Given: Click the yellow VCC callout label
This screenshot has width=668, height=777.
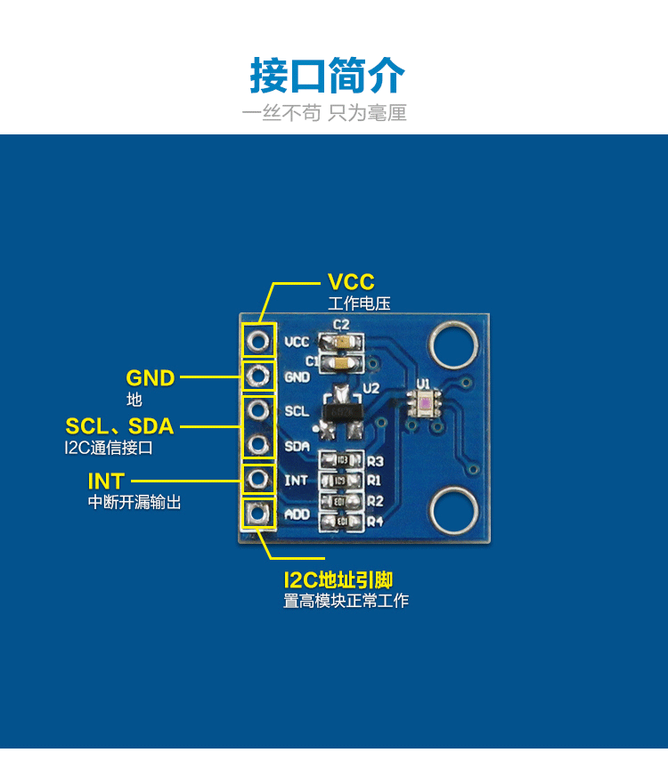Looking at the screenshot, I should click(x=351, y=283).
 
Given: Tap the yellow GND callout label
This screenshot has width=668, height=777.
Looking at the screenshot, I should click(x=151, y=378).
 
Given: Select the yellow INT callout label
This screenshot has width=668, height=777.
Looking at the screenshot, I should click(x=106, y=482).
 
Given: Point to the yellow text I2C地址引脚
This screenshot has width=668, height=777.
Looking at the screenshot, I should click(x=338, y=580).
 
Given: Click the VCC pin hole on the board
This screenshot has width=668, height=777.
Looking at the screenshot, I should click(x=258, y=341).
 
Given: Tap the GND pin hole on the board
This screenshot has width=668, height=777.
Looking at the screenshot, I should click(x=258, y=375).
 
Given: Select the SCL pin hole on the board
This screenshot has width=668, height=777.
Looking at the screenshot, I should click(x=258, y=410).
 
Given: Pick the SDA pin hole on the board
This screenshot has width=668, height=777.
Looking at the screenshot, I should click(x=258, y=444).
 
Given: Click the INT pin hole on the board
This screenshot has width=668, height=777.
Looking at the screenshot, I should click(x=258, y=480).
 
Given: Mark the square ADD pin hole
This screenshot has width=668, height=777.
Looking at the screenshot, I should click(x=258, y=514).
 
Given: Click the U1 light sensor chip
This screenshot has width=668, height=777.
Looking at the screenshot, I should click(x=424, y=404).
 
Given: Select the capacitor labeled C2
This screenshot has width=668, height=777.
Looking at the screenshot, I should click(x=341, y=341).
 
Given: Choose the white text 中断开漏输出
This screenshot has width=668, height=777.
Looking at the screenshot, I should click(x=134, y=503).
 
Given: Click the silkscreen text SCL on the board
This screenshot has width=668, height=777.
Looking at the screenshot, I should click(x=297, y=412).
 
